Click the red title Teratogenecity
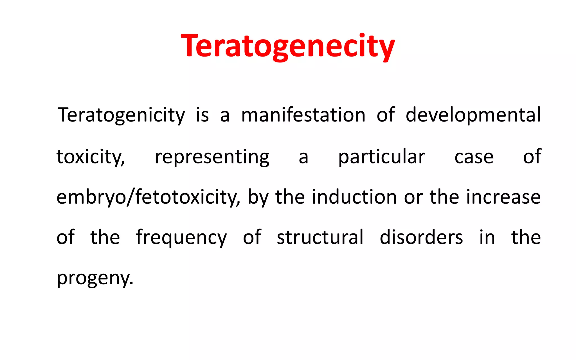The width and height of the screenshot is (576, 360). point(288,46)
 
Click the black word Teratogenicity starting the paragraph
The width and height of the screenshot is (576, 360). point(121,115)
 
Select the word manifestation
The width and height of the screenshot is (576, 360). point(303,115)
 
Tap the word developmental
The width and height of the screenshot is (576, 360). point(473,115)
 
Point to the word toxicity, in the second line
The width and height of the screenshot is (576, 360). point(91,157)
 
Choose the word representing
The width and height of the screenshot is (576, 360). point(212,157)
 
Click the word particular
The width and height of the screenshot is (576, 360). point(382,157)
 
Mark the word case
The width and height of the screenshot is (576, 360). point(474,157)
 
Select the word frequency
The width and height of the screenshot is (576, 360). point(181,238)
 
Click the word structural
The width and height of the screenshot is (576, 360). point(320,237)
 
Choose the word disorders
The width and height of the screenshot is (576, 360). point(421,237)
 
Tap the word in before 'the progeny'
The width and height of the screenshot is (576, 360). point(487,237)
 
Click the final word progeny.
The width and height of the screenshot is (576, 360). point(95,278)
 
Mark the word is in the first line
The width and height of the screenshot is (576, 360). point(202,115)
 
